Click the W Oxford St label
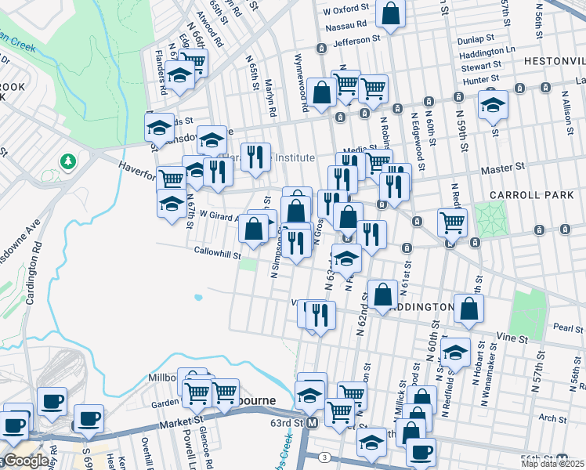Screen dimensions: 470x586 point(345,12)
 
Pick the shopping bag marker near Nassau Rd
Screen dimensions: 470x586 point(390,13)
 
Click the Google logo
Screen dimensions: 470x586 point(26,461)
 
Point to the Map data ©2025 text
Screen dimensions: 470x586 point(552,464)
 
